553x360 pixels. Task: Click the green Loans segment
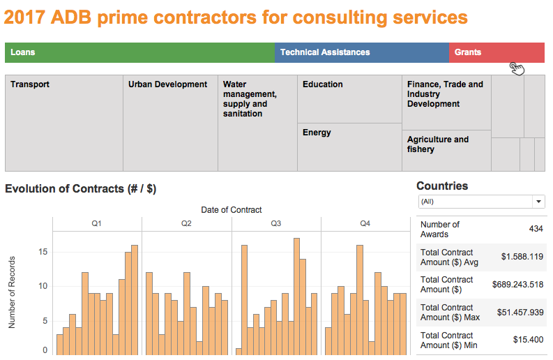(x=139, y=52)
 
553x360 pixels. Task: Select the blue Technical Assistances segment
(x=361, y=52)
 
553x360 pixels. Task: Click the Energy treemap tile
(x=349, y=147)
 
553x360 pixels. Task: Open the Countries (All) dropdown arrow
(x=538, y=202)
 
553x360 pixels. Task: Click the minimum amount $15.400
(x=527, y=340)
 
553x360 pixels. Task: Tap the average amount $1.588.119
(x=522, y=257)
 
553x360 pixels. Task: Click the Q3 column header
(x=275, y=223)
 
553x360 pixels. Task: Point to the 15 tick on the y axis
(x=43, y=252)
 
